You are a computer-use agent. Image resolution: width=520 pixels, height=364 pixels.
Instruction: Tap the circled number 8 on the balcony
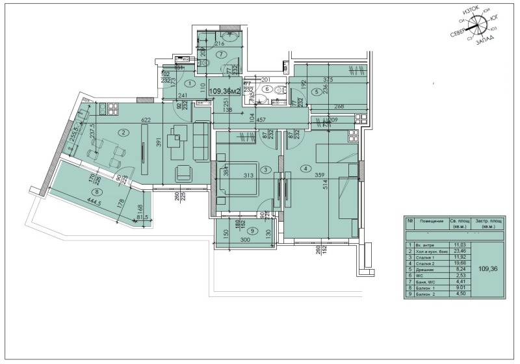[97, 192]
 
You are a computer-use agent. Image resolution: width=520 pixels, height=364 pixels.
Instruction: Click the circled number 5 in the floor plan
[316, 92]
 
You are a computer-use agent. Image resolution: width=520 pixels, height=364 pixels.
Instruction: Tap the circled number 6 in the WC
[267, 89]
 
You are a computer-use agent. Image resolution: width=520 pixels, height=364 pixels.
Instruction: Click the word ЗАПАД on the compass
[484, 41]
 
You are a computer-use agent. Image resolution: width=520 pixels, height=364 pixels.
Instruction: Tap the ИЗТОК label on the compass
[471, 13]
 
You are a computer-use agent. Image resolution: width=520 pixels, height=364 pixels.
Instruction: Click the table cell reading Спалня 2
[424, 263]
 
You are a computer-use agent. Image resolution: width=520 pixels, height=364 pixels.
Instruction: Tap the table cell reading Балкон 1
[424, 289]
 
